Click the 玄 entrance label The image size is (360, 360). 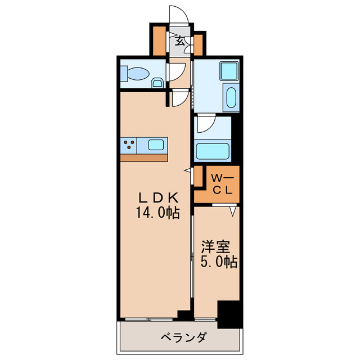click(x=180, y=40)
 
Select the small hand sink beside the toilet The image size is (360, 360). click(x=158, y=84)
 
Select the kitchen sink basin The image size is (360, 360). click(x=156, y=145)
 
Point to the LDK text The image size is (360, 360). click(x=159, y=197)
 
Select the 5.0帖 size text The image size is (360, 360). click(x=219, y=262)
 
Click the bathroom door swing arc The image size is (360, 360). click(x=205, y=125)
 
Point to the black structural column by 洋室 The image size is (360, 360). click(x=228, y=314)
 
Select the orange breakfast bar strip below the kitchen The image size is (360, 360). click(x=143, y=157)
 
